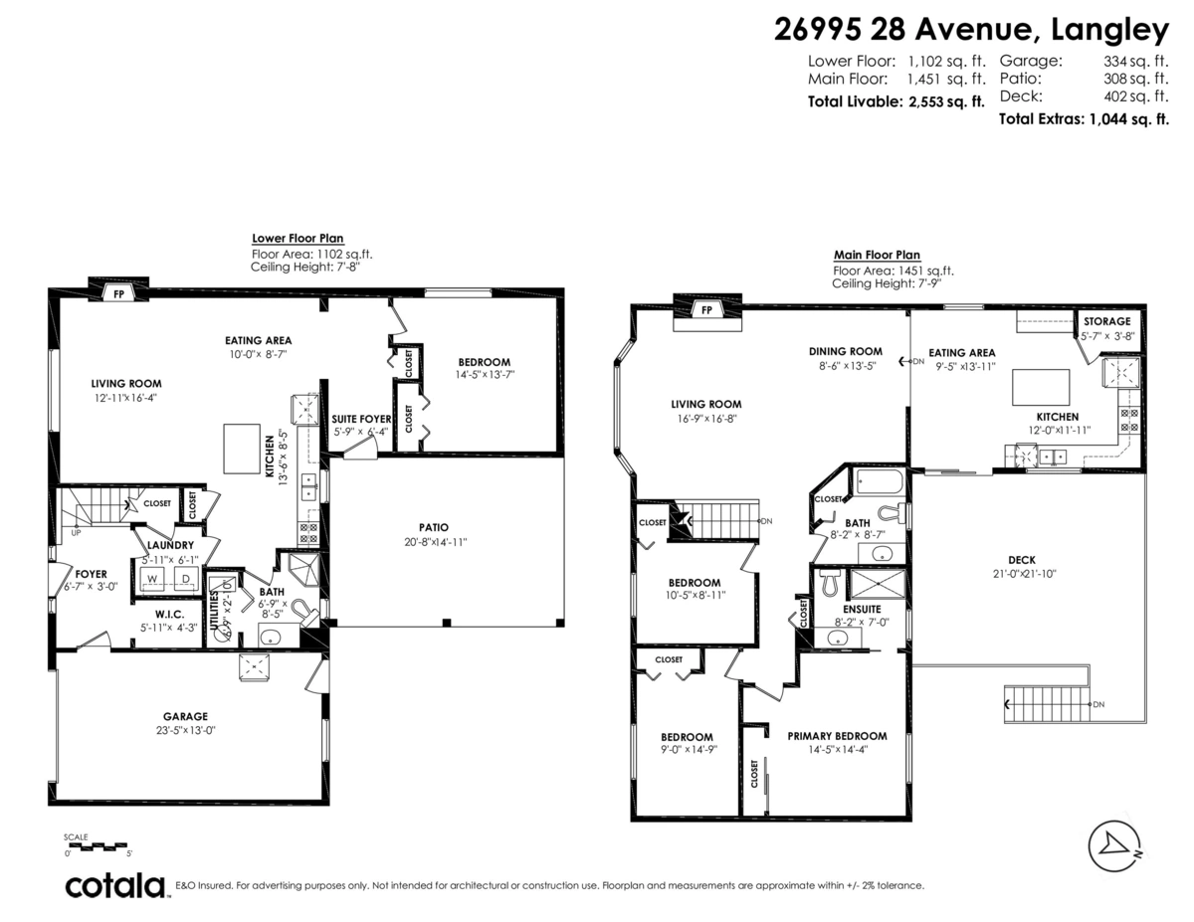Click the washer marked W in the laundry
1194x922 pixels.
pos(153,579)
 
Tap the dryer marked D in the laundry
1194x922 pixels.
pos(186,579)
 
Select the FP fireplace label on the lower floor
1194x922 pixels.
pos(118,294)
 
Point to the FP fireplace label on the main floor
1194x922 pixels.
pos(706,310)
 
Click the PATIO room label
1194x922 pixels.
pos(434,528)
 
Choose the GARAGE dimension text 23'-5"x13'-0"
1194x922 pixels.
pos(185,731)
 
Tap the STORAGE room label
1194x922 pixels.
pos(1107,321)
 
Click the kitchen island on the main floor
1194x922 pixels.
pos(1041,387)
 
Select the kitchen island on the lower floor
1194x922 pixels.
pos(242,449)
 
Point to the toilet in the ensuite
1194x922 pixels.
pos(830,583)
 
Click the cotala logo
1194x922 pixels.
pos(116,885)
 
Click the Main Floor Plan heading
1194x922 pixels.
pos(877,255)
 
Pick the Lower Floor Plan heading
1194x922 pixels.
pos(298,239)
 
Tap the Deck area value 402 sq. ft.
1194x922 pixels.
pos(1135,96)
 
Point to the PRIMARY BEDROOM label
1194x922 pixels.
pos(837,736)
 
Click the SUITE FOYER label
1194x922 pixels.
pos(361,419)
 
